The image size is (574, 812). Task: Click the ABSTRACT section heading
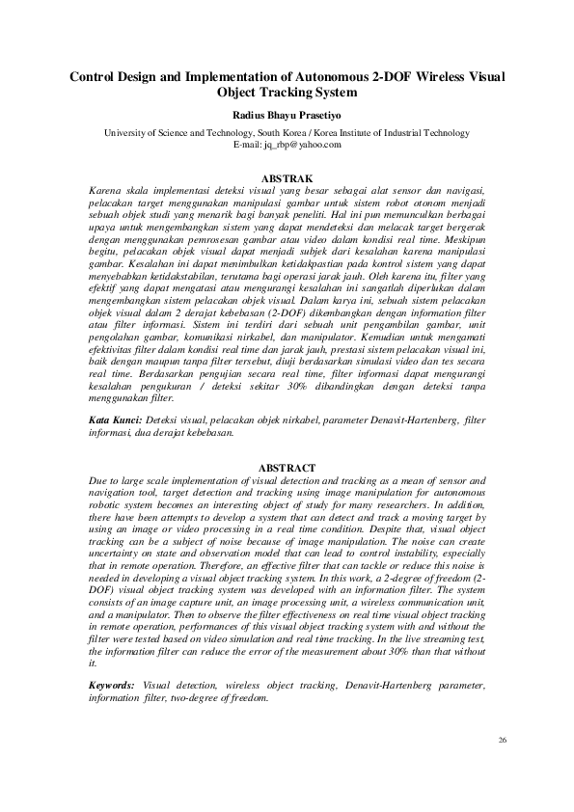click(287, 468)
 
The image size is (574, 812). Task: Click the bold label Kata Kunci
click(114, 420)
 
